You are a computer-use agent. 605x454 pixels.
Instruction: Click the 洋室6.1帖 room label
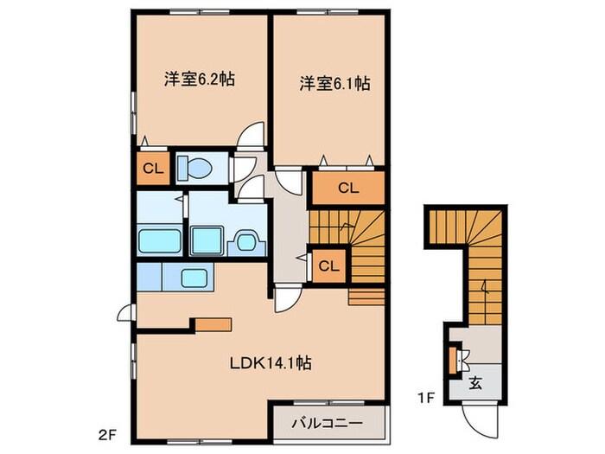pos(335,84)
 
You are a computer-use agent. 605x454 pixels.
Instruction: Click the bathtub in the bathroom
pos(160,240)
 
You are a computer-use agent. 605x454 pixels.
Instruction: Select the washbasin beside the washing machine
pos(246,241)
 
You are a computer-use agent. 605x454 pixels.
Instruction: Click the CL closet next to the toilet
pos(152,169)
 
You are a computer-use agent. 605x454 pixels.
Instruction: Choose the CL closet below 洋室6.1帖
pos(347,188)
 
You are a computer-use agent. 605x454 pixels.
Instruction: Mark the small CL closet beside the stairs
pos(328,265)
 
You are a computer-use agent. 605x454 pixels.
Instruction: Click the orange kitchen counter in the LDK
pos(212,325)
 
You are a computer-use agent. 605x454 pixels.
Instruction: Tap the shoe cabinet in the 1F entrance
pos(454,357)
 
